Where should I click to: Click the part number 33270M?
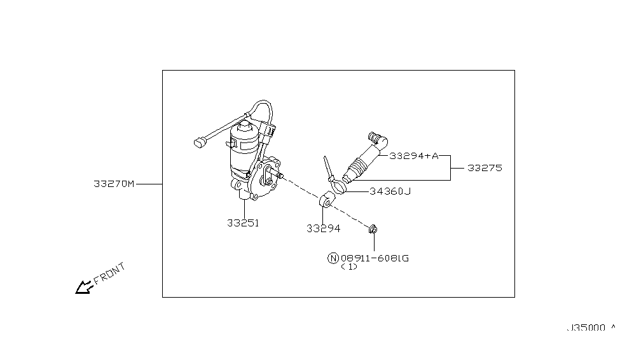(114, 184)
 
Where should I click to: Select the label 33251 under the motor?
(242, 223)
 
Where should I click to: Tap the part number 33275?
(485, 169)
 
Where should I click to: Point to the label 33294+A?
(414, 155)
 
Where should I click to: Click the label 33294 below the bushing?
(323, 228)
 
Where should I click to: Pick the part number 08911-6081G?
(375, 258)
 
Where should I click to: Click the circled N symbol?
(333, 258)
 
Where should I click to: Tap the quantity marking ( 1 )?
(349, 267)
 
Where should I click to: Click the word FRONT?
(110, 272)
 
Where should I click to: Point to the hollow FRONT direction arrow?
(83, 288)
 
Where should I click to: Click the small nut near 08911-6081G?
(373, 228)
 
